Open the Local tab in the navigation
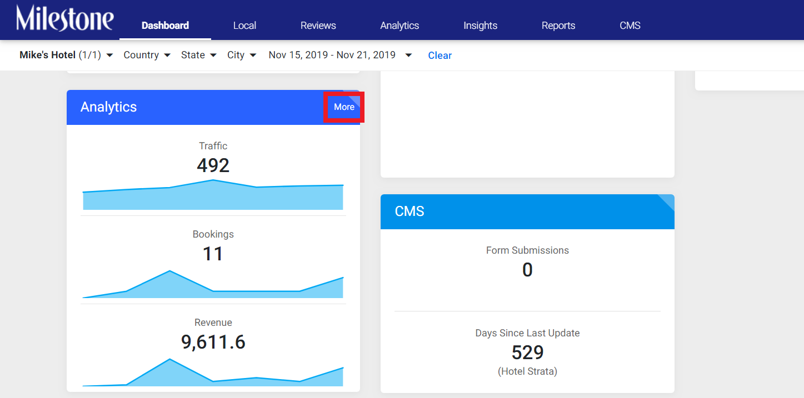[244, 26]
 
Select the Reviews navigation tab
[318, 26]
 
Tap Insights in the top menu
[480, 26]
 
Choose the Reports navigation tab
[558, 26]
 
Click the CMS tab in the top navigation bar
[630, 26]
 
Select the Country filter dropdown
[147, 55]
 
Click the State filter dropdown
[198, 55]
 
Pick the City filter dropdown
[242, 55]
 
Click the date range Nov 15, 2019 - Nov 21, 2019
[340, 55]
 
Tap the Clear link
[440, 56]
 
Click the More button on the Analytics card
[344, 107]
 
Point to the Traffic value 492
[213, 165]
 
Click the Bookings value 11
[213, 254]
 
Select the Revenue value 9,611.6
[213, 342]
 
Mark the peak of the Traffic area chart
[213, 180]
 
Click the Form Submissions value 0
[527, 270]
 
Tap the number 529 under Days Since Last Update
[527, 352]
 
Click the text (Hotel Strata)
[527, 371]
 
